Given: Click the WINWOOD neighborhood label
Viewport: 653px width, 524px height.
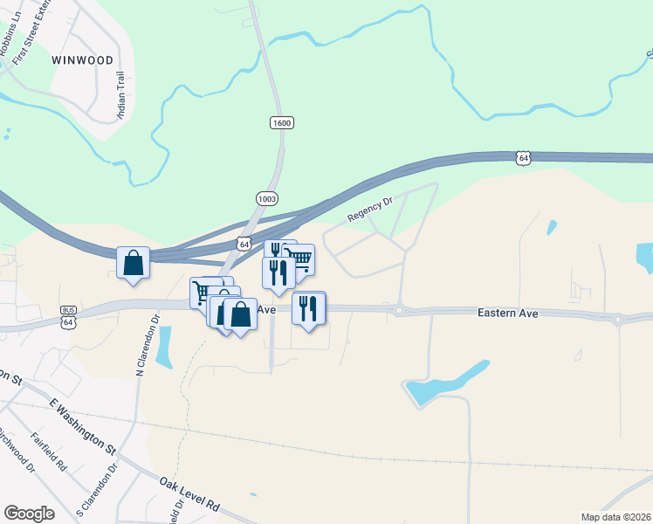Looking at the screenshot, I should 82,60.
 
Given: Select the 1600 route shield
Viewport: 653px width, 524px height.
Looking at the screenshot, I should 281,123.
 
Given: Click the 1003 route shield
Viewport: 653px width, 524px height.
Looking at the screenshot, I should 267,199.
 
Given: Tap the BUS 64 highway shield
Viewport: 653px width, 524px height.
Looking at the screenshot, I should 68,316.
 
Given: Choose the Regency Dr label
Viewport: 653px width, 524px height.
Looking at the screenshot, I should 370,207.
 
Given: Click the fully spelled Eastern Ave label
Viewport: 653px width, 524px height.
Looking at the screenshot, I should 507,313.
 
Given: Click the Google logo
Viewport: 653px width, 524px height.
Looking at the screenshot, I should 29,514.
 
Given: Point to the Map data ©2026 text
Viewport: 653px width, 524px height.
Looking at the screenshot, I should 615,517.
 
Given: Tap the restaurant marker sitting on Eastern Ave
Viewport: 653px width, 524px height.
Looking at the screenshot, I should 308,308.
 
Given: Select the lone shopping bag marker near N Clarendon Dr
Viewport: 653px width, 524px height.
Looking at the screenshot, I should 133,262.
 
